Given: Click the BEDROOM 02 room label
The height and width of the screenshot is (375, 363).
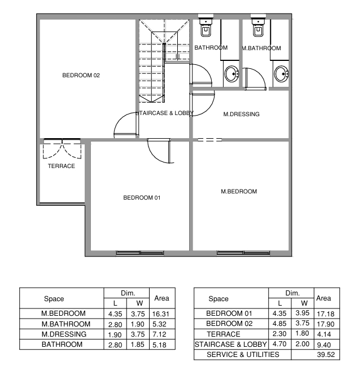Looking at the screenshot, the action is click(81, 76).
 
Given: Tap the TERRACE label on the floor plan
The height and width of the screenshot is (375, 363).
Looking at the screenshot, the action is click(62, 166).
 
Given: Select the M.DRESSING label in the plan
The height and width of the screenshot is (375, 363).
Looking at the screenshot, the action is click(242, 114).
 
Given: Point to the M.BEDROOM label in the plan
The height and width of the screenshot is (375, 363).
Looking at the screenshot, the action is click(239, 191).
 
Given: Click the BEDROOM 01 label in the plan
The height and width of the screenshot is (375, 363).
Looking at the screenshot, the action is click(142, 197).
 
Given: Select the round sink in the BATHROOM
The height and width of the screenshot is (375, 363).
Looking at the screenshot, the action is click(231, 74).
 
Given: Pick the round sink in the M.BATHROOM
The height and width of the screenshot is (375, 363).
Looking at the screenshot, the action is click(282, 74).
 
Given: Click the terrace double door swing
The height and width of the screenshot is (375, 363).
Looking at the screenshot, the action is click(62, 149).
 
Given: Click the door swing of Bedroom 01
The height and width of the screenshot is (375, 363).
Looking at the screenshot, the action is click(159, 151).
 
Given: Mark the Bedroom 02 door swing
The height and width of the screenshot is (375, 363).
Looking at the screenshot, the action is click(125, 125).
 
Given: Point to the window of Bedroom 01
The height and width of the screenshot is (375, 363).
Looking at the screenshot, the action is click(140, 253).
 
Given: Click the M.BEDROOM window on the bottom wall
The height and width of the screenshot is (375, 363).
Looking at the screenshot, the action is click(243, 253).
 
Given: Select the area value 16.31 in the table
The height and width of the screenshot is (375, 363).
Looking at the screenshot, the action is click(161, 314).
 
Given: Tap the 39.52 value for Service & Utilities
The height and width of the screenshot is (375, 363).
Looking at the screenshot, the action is click(326, 355).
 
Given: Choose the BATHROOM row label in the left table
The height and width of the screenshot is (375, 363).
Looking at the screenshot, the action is click(62, 345).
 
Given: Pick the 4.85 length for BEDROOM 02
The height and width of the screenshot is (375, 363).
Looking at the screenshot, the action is click(279, 324).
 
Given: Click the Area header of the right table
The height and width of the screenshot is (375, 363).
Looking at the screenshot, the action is click(323, 298).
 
